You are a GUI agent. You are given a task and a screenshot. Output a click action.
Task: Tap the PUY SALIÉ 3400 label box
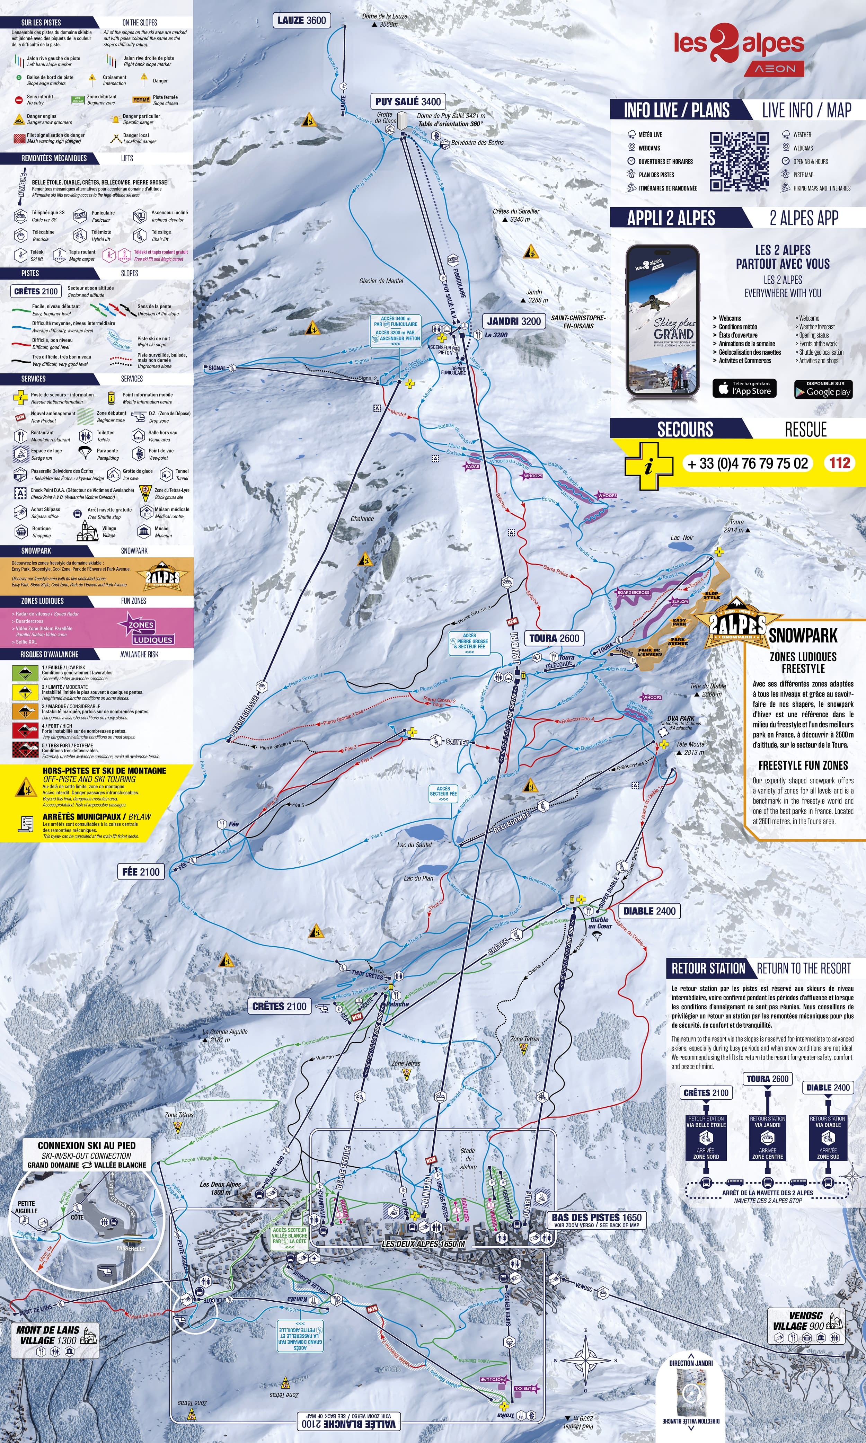click(x=408, y=101)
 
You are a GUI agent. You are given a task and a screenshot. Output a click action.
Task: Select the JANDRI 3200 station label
click(x=513, y=321)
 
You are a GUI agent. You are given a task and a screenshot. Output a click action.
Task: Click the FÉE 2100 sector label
click(x=141, y=872)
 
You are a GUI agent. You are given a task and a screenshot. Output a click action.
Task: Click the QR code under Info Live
click(x=739, y=162)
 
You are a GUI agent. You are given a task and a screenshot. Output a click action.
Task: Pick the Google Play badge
click(x=823, y=389)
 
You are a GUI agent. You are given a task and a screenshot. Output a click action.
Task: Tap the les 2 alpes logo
click(x=739, y=47)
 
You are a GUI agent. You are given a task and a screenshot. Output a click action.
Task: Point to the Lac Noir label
click(x=682, y=538)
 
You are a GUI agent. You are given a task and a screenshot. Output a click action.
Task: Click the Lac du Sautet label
click(x=414, y=844)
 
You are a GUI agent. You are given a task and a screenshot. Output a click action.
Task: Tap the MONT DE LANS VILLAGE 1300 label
click(x=48, y=1335)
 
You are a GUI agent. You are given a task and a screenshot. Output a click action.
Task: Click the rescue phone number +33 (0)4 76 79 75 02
click(x=748, y=463)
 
